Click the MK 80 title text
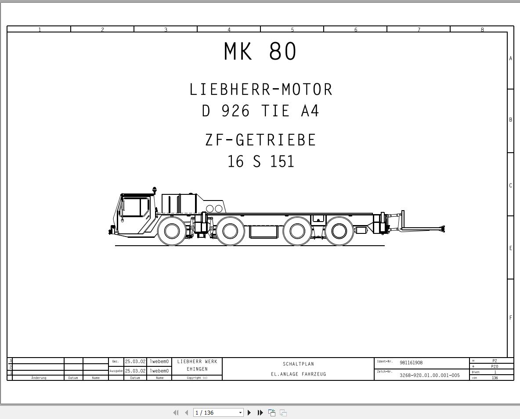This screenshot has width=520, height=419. [260, 52]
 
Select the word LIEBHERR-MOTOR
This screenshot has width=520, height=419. [261, 90]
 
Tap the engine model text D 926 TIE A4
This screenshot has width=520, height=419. [260, 111]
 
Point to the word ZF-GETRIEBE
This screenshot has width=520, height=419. [260, 140]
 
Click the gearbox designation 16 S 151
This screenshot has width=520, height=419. [260, 161]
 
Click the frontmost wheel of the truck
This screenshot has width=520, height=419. [171, 231]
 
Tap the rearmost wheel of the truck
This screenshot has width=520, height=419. [339, 231]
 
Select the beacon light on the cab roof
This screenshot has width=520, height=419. [155, 190]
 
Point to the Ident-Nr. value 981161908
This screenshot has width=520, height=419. [411, 363]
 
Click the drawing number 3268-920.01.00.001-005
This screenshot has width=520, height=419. [430, 375]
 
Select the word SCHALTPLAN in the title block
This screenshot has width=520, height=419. [298, 364]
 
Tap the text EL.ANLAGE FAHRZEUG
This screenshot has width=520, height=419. [298, 374]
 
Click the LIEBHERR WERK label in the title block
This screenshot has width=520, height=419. [197, 362]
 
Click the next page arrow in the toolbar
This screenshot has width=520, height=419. [249, 412]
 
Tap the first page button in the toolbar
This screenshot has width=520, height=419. [176, 412]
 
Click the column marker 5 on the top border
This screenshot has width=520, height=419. [292, 30]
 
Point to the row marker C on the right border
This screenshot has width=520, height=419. [510, 185]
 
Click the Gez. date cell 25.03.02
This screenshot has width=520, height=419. [135, 362]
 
